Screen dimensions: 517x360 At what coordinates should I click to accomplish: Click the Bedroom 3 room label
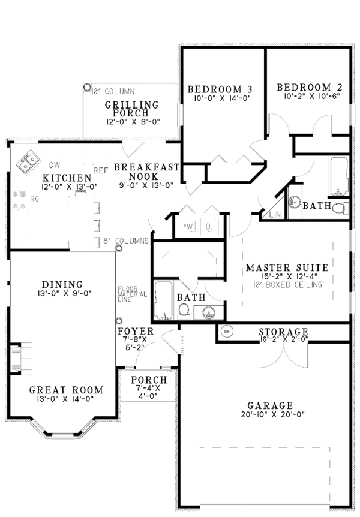click(x=220, y=90)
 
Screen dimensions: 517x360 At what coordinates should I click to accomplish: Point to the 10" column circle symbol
click(x=86, y=86)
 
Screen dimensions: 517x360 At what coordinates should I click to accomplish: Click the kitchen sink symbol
click(x=26, y=163)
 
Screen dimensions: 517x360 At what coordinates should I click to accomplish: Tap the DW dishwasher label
click(x=55, y=164)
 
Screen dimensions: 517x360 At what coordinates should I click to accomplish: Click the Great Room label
click(x=66, y=390)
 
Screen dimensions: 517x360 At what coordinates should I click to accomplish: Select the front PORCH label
click(x=144, y=380)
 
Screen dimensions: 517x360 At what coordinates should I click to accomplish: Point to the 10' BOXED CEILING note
click(x=287, y=284)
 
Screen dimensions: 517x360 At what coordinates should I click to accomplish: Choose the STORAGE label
click(x=283, y=332)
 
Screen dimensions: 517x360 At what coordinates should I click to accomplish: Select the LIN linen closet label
click(x=275, y=214)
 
